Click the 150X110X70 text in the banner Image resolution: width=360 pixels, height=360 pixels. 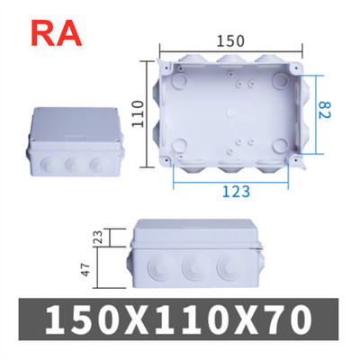coord(180,319)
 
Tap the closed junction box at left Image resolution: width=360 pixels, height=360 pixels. coord(72,145)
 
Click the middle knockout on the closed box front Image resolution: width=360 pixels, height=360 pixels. coord(69,166)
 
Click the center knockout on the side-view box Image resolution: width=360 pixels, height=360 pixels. coord(191,267)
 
